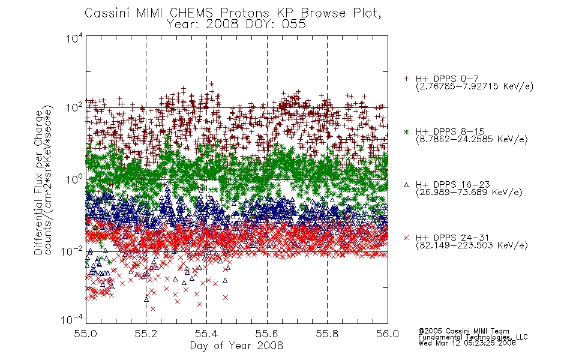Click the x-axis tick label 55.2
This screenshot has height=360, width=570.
tap(146, 334)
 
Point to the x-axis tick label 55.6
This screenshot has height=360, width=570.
tap(267, 334)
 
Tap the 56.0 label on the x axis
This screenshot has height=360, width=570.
tap(388, 334)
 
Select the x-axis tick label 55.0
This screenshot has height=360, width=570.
tap(85, 334)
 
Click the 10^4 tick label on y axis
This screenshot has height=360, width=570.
tap(74, 38)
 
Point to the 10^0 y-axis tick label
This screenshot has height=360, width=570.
tap(74, 179)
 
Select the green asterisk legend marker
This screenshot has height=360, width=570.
tap(406, 131)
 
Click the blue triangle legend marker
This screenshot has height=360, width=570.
tap(406, 185)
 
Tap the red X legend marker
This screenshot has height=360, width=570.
tap(406, 238)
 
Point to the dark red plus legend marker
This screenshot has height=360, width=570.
tap(406, 79)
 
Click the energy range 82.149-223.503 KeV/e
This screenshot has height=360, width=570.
tap(472, 245)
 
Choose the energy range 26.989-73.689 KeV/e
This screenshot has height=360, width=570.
tap(469, 192)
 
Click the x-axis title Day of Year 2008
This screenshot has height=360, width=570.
tap(236, 346)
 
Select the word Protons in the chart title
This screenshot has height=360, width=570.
tap(245, 13)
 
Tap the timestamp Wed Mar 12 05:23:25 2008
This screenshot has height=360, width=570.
tap(467, 343)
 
